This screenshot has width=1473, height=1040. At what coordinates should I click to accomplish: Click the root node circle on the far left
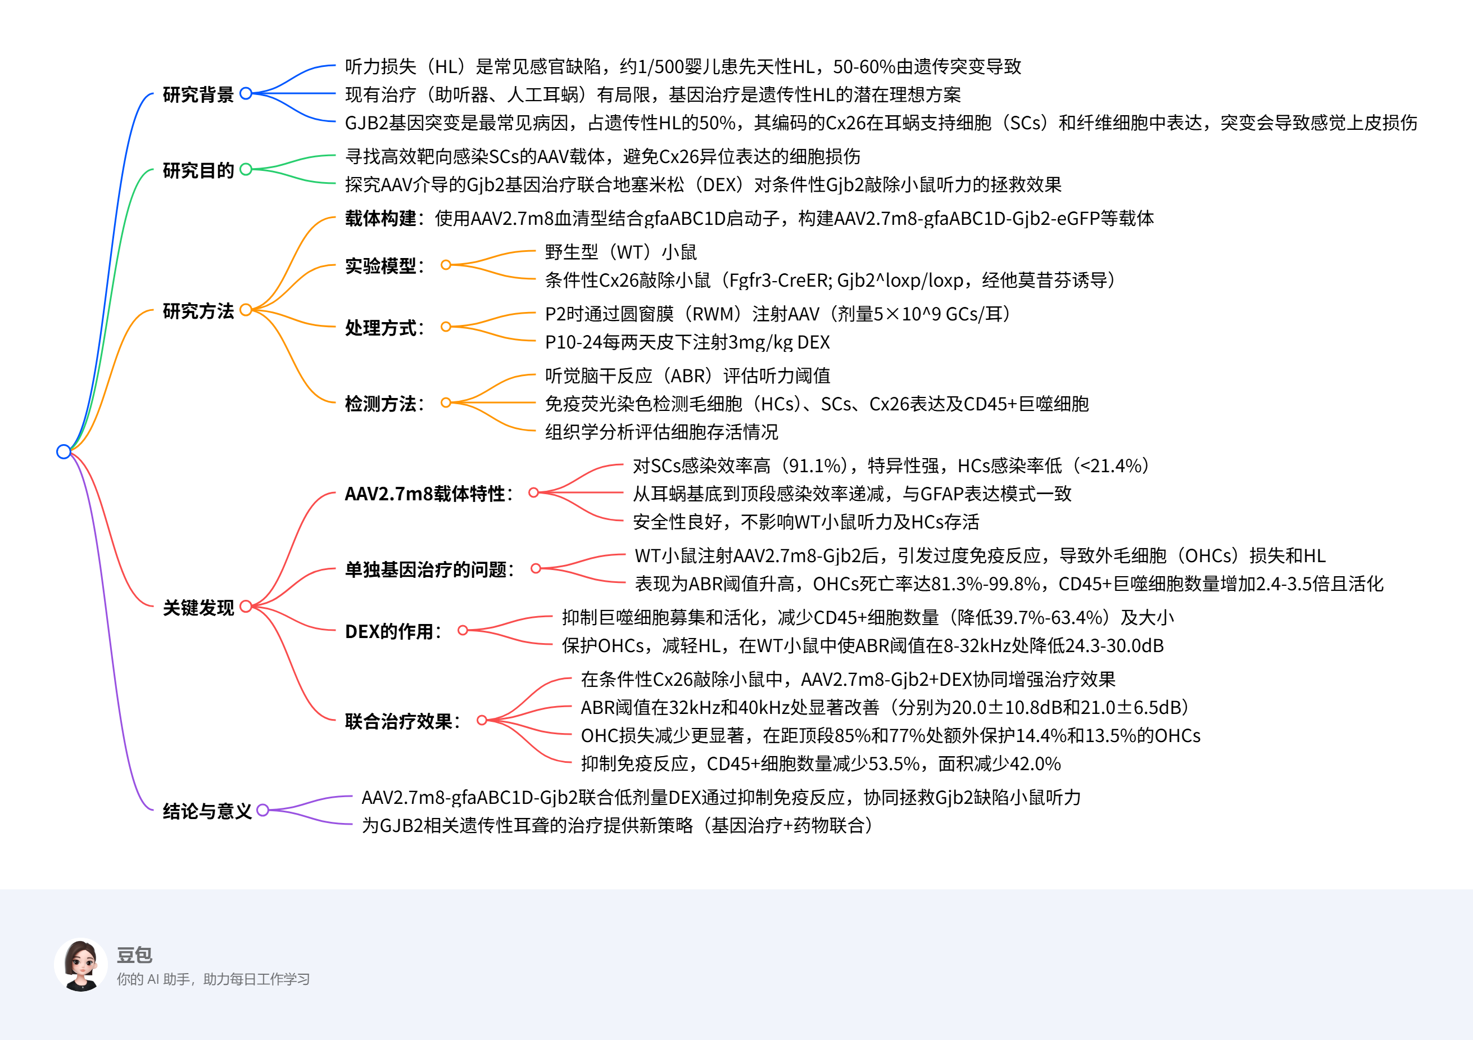click(x=64, y=451)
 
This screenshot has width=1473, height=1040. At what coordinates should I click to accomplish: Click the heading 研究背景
click(x=198, y=94)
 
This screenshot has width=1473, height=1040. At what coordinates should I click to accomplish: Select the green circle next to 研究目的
click(x=246, y=169)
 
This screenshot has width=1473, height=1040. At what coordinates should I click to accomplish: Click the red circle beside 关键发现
click(x=246, y=607)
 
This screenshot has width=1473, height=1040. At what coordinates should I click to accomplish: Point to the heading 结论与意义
click(x=207, y=811)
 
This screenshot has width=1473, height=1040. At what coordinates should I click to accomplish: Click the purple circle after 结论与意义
click(x=262, y=810)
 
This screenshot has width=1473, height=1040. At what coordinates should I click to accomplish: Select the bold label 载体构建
click(x=380, y=218)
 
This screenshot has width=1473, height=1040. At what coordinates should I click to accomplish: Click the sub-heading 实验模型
click(x=380, y=265)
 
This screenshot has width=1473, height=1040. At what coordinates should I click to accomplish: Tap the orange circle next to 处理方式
click(x=446, y=327)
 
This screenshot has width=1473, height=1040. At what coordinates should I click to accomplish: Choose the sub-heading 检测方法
click(x=380, y=403)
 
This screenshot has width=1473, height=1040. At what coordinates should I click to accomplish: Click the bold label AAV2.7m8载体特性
click(x=425, y=494)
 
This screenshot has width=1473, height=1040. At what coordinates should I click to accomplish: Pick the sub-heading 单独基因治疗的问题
click(x=426, y=569)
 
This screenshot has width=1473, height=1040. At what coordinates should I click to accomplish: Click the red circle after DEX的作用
click(x=463, y=630)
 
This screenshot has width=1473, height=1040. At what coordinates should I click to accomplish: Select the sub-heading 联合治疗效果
click(x=398, y=721)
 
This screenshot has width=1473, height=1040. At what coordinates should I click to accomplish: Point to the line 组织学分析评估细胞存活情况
click(x=661, y=431)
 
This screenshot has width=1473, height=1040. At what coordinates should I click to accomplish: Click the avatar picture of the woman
click(x=81, y=964)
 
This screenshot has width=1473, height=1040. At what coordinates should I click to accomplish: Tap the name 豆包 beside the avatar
click(x=134, y=955)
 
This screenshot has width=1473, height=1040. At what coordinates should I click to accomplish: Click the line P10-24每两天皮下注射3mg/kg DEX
click(x=687, y=342)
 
